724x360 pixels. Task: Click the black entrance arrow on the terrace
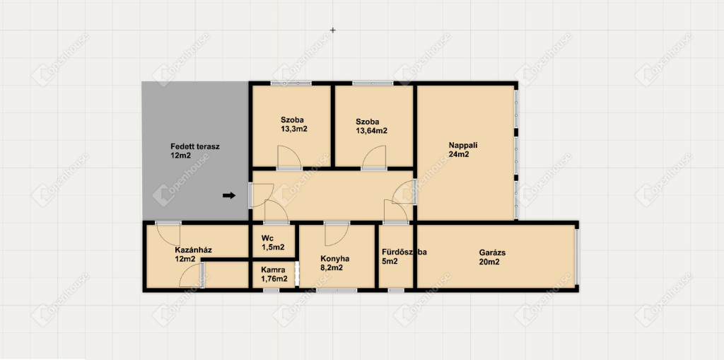[229, 195]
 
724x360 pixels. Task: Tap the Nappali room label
[462, 145]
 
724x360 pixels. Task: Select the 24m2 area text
[459, 154]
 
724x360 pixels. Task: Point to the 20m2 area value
[490, 262]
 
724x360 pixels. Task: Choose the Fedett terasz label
[195, 146]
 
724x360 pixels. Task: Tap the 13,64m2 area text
[371, 131]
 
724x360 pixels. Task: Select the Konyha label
[334, 259]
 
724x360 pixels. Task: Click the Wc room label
[267, 238]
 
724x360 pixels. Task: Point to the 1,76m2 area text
[274, 279]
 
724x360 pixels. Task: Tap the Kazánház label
[193, 250]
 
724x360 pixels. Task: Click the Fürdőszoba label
[404, 252]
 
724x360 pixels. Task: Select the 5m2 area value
[390, 261]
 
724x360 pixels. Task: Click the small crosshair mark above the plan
[332, 30]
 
